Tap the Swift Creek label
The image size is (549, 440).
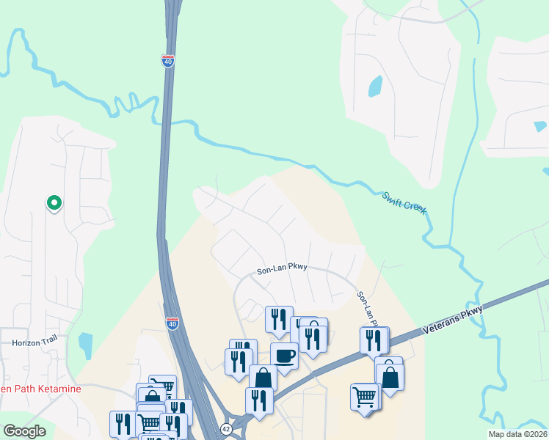click(x=404, y=203)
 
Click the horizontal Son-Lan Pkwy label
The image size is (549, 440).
click(x=282, y=270)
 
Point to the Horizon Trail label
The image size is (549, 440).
click(x=34, y=342)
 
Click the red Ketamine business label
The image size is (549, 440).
click(x=40, y=389)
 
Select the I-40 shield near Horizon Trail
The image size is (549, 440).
click(x=172, y=323)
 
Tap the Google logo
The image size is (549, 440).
click(x=24, y=431)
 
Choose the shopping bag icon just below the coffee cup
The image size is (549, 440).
click(x=263, y=378)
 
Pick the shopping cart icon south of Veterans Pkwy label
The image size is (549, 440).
click(x=365, y=397)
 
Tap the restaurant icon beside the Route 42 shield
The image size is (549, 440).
click(x=259, y=400)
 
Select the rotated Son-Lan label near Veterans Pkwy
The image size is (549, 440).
click(x=364, y=307)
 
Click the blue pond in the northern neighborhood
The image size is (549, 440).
click(x=375, y=87)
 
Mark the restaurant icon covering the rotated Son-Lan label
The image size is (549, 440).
click(x=374, y=340)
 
